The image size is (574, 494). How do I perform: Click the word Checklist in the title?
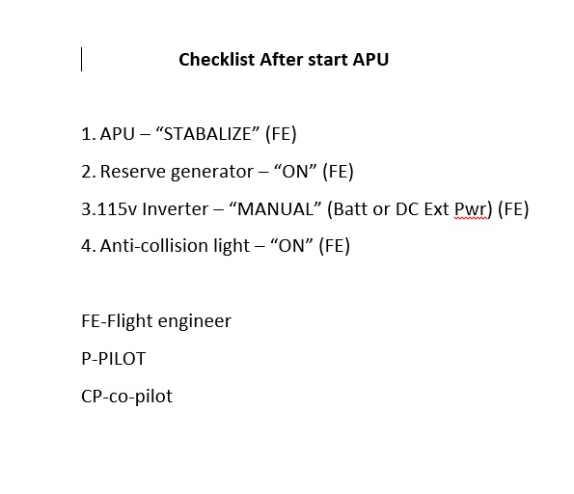click(x=217, y=59)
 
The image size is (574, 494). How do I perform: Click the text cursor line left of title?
click(x=81, y=59)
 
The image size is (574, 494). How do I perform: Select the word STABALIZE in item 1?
click(x=207, y=134)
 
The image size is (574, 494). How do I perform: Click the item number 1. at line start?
click(x=89, y=134)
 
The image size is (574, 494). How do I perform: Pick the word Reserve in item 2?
click(x=133, y=172)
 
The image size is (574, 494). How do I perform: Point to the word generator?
click(x=212, y=172)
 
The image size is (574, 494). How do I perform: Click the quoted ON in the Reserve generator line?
click(x=295, y=172)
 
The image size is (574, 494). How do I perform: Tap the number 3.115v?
click(x=109, y=209)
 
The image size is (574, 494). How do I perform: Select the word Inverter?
click(x=176, y=209)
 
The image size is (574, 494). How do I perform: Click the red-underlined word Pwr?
click(x=471, y=209)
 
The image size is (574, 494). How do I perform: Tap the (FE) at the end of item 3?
click(x=513, y=209)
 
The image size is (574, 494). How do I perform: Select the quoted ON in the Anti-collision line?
click(x=291, y=246)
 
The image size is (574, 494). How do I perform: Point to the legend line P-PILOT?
click(x=114, y=359)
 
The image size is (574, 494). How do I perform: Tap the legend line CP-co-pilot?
click(x=126, y=397)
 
